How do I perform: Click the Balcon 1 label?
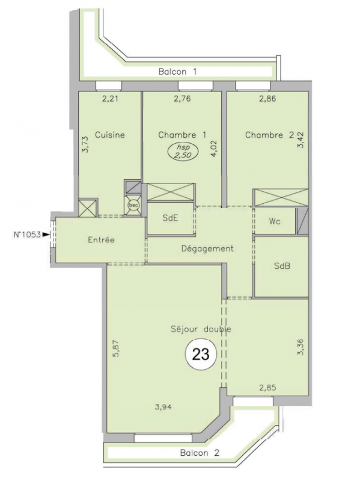click(x=177, y=72)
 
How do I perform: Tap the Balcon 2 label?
click(x=200, y=453)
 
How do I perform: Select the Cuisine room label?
click(x=110, y=135)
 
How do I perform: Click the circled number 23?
click(x=201, y=354)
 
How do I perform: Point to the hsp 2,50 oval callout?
click(x=183, y=152)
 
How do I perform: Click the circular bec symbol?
click(x=133, y=205)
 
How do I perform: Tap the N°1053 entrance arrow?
click(x=46, y=234)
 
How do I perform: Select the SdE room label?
click(x=170, y=218)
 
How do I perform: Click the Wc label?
click(x=275, y=221)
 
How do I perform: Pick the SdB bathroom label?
click(x=282, y=266)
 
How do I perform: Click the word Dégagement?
click(x=207, y=248)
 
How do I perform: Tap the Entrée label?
click(x=101, y=240)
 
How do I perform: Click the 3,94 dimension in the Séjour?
click(x=163, y=408)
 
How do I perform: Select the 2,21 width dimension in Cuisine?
click(x=110, y=99)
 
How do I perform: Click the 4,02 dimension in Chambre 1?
click(x=214, y=149)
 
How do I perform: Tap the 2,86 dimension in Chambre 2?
click(x=267, y=99)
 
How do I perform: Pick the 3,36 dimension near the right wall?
click(x=301, y=347)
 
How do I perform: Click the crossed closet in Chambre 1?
click(x=171, y=192)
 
